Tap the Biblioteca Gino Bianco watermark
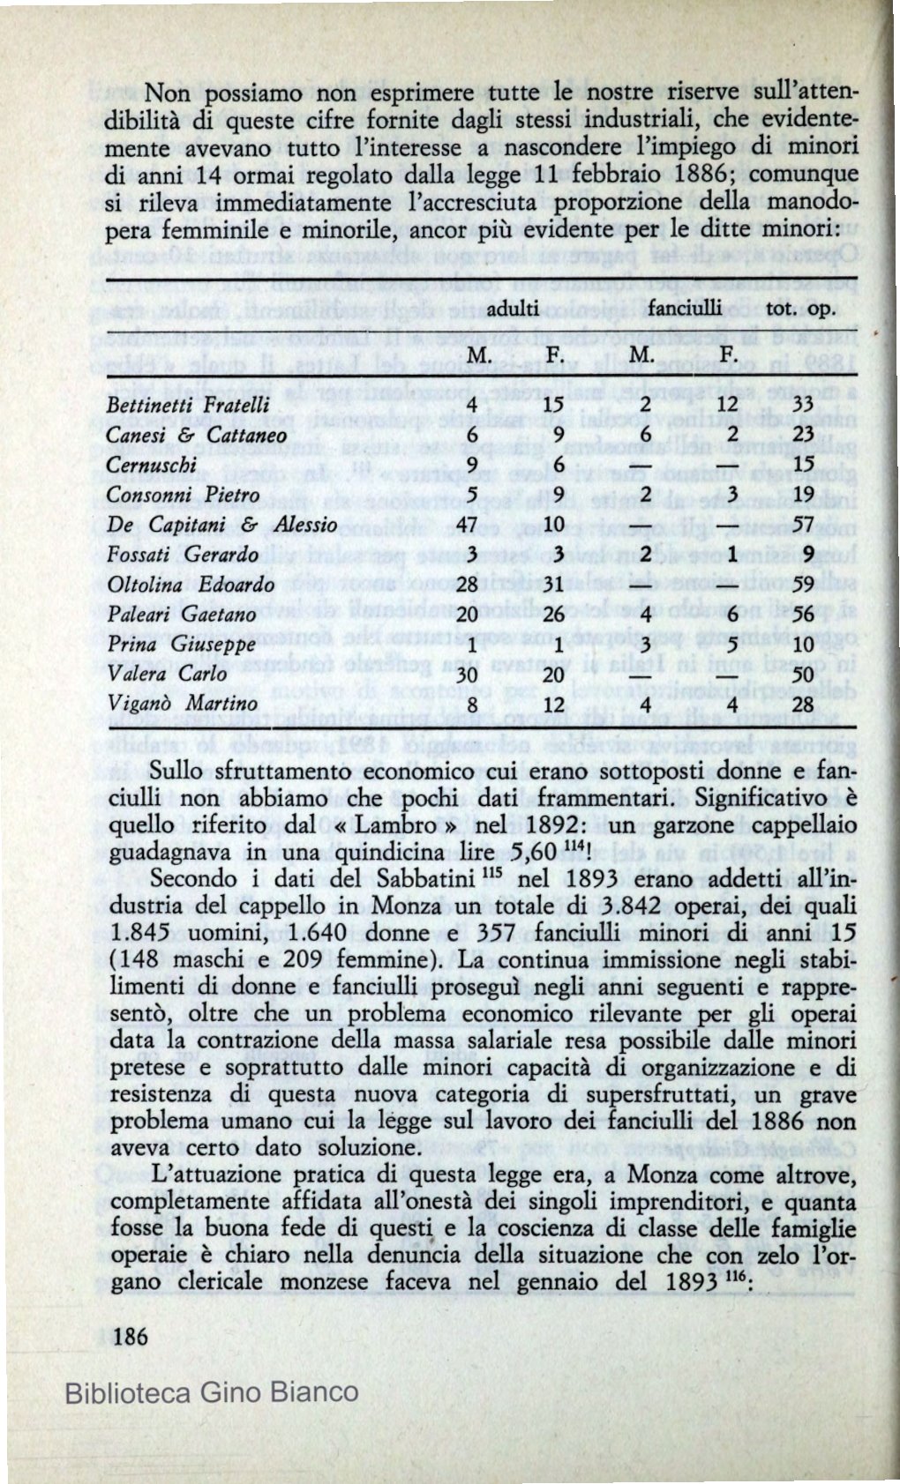[212, 1393]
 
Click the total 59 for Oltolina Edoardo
[803, 585]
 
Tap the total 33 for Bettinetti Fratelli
[803, 406]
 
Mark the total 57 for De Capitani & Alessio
[803, 525]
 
